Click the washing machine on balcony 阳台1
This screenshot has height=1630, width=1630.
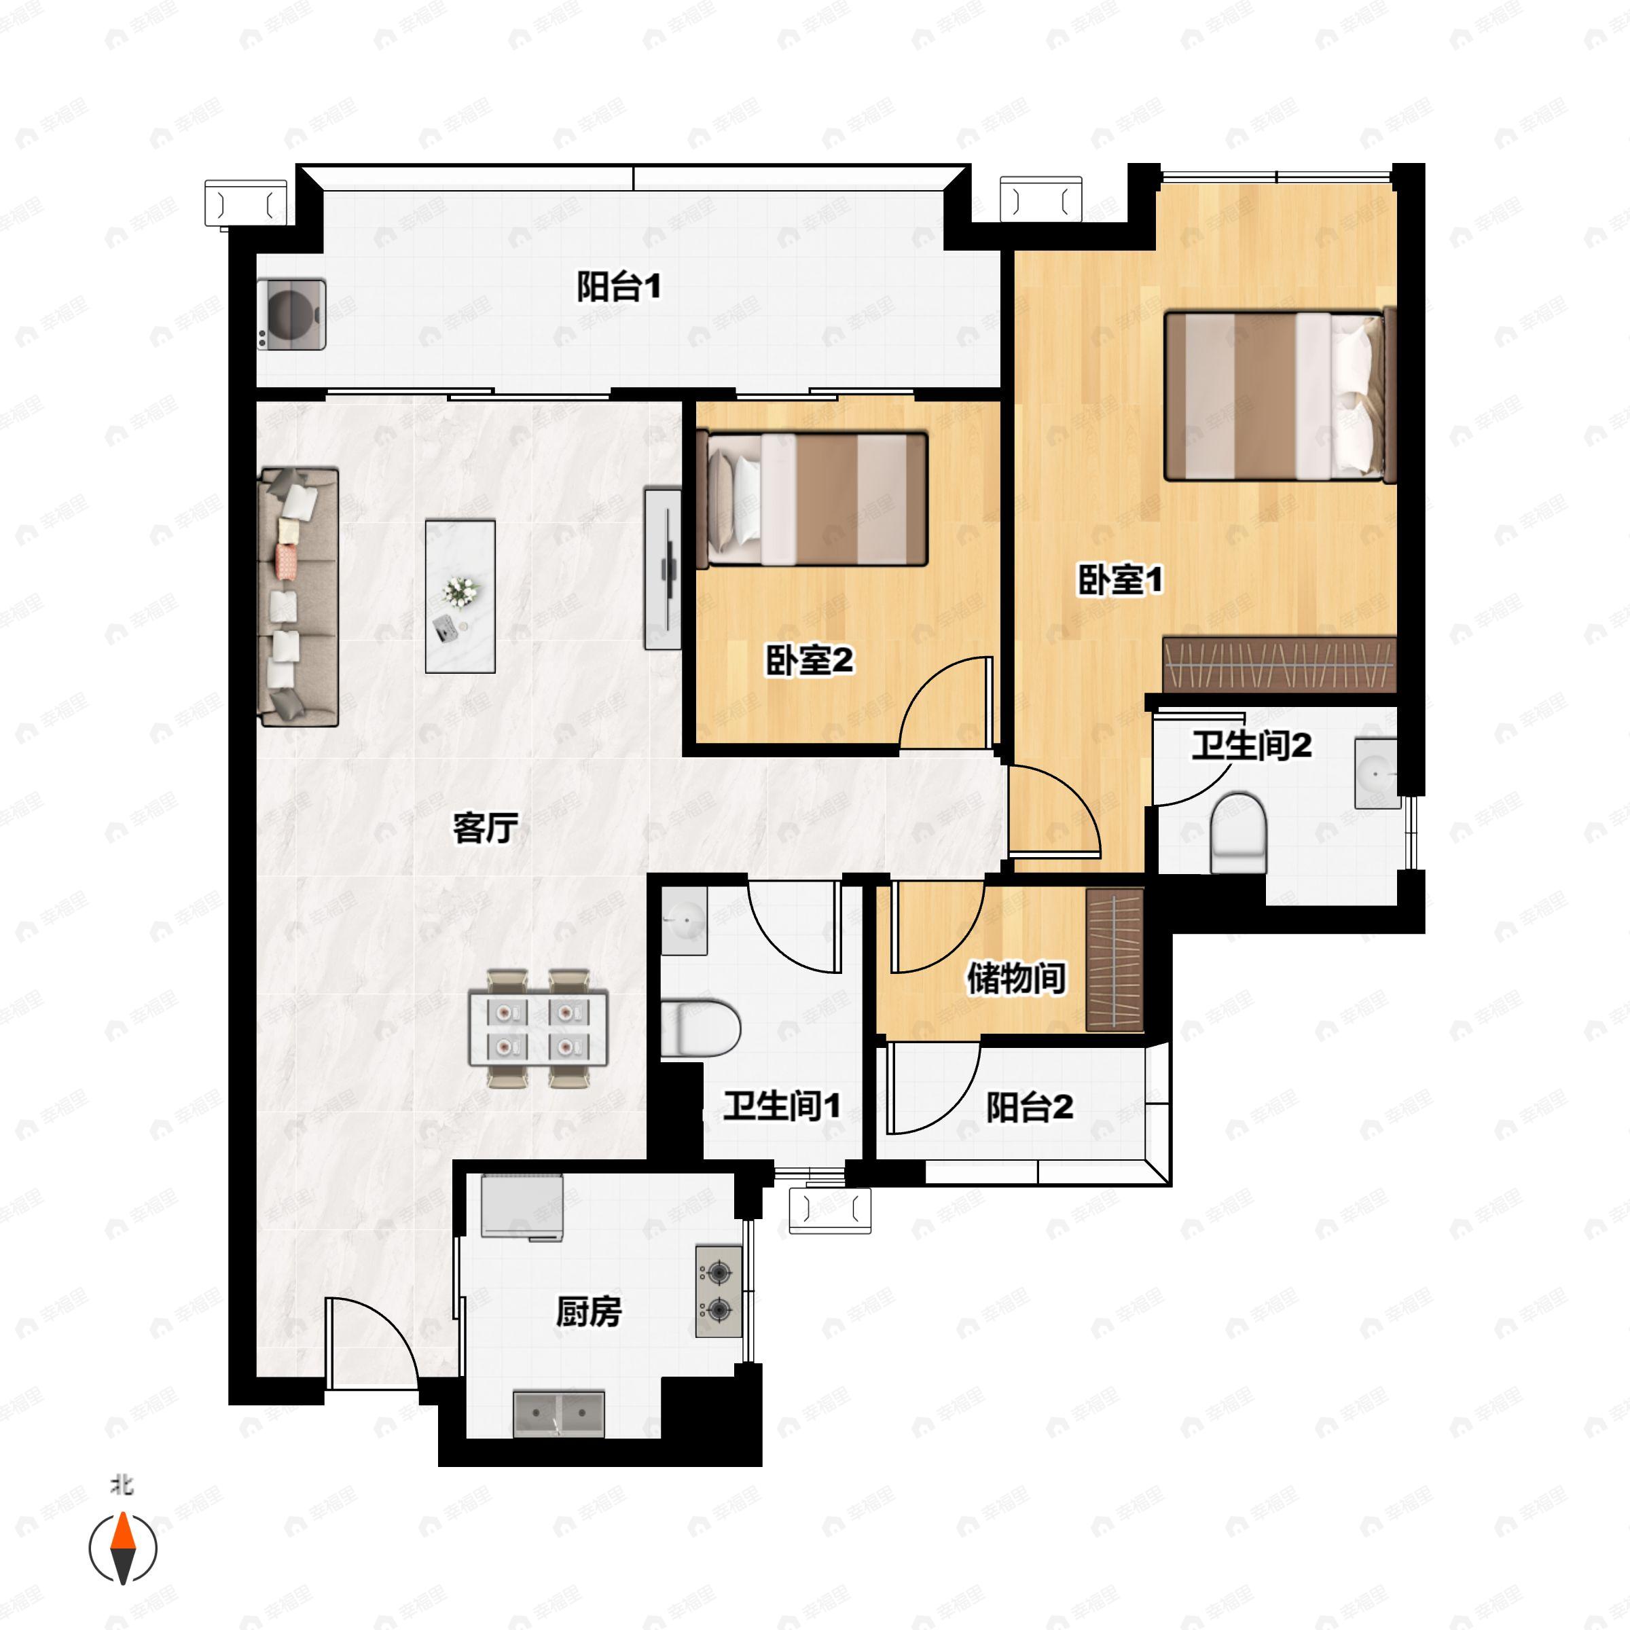point(292,314)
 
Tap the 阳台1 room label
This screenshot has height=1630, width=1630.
point(619,287)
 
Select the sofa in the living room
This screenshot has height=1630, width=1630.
point(299,596)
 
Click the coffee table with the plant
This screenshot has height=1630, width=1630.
point(460,596)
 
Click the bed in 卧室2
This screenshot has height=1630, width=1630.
point(816,499)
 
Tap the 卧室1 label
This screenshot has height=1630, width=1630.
point(1121,579)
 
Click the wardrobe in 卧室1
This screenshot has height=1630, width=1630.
point(1279,665)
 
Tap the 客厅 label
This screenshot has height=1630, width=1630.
point(485,828)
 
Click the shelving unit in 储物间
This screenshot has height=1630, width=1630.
point(1115,960)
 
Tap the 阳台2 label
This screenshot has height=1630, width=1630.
point(1030,1107)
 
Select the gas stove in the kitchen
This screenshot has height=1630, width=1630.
point(719,1292)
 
